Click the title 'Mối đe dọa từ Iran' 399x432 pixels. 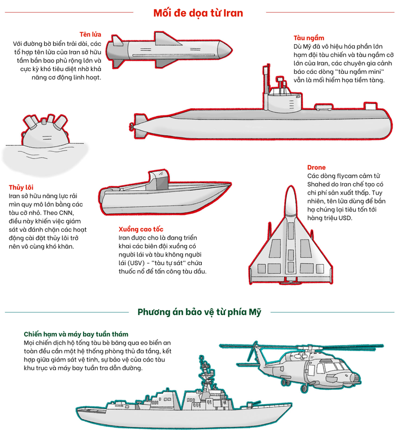click(x=199, y=12)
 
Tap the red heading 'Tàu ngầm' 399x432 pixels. click(x=308, y=38)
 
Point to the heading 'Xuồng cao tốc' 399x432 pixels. click(x=141, y=229)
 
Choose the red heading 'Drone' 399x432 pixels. click(x=316, y=167)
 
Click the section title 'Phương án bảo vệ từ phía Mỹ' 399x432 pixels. click(x=199, y=312)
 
